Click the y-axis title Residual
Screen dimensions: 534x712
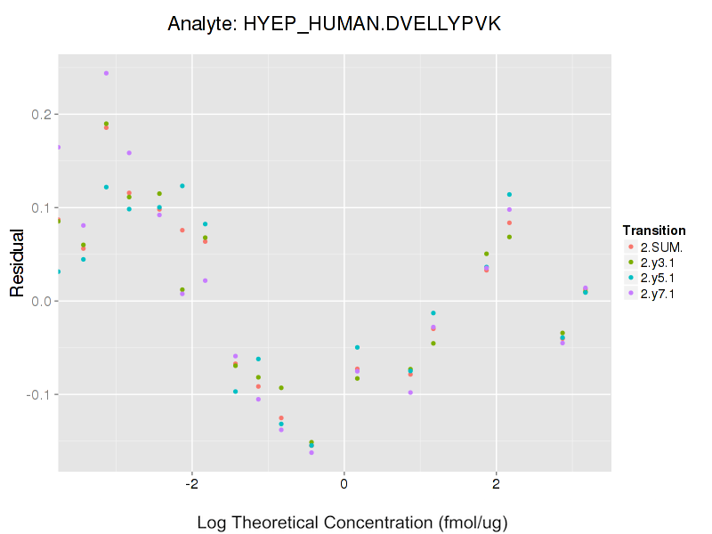coord(17,268)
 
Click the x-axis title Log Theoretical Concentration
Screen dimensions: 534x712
coord(352,522)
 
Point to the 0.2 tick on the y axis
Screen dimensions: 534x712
coord(39,115)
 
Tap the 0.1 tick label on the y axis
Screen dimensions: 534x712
coord(39,208)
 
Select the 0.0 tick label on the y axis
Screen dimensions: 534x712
coord(39,302)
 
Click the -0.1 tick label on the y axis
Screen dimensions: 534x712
coord(37,394)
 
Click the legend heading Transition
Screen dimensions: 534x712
coord(654,231)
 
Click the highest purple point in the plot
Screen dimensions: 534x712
coord(106,73)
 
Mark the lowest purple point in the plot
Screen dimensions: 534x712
coord(311,452)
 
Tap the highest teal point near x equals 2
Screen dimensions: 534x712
coord(509,194)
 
